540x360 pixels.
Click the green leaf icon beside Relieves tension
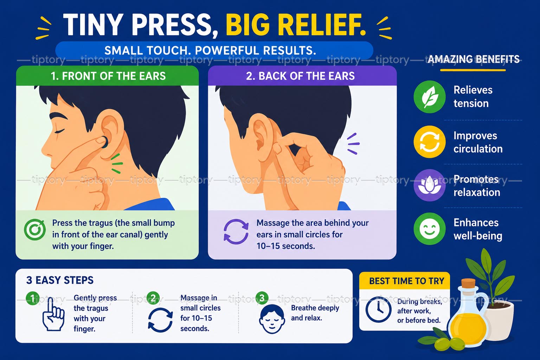[x=429, y=97]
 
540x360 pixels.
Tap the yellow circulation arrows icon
[x=429, y=142]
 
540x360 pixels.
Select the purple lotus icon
[x=429, y=185]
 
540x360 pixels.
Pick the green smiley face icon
[x=429, y=229]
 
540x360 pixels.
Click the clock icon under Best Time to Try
[x=378, y=310]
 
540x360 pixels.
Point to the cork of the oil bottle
[x=468, y=282]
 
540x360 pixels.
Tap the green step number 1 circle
[x=33, y=298]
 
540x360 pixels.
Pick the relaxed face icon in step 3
[x=272, y=319]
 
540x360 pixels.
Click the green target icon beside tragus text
[x=35, y=230]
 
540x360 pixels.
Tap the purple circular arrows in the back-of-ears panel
[x=236, y=231]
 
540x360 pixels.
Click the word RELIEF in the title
[x=296, y=25]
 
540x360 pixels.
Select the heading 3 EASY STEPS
[x=60, y=280]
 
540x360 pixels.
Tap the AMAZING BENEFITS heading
[x=474, y=59]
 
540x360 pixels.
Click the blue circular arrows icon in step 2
[x=160, y=320]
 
